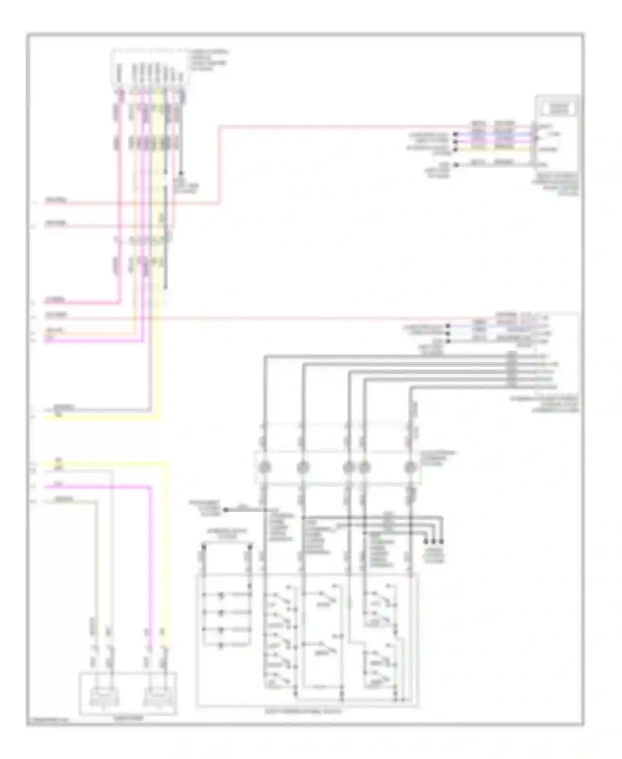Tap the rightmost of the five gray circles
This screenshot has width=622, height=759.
[411, 467]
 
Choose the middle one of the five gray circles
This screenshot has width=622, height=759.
[349, 467]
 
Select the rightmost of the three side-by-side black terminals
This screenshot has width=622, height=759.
[441, 541]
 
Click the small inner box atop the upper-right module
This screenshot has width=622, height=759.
[558, 109]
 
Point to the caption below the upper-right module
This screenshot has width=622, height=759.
[557, 184]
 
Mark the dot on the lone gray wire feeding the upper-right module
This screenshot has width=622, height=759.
[456, 165]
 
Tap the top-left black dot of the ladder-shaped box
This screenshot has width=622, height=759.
[203, 547]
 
